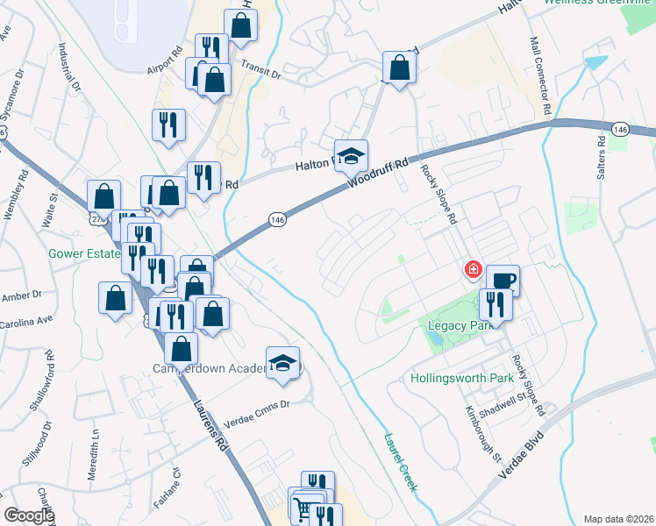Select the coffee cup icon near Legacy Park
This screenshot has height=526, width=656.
click(x=503, y=281)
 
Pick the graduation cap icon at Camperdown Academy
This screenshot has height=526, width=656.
click(x=283, y=363)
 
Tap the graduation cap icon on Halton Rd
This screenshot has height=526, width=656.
click(x=352, y=156)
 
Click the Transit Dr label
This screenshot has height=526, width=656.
click(x=260, y=74)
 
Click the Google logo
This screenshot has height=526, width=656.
click(x=29, y=515)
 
